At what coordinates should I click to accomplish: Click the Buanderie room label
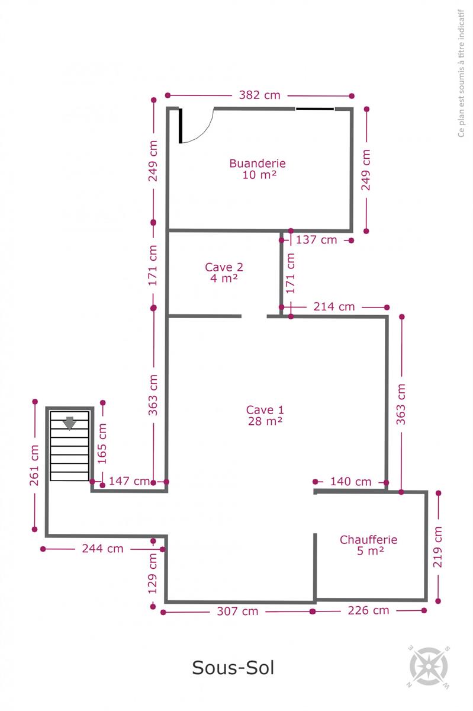point(258,169)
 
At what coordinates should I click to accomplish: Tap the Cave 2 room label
point(224,273)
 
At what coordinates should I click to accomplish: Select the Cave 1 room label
point(265,415)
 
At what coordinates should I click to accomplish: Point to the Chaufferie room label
point(368,545)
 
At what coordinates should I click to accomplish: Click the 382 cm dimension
point(259,95)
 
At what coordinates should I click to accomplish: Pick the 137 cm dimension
point(316,240)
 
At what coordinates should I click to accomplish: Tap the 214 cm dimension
point(334,307)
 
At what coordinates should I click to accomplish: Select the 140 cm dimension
point(351,482)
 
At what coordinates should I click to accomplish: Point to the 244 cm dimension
point(102,549)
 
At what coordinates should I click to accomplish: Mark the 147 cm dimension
point(130,481)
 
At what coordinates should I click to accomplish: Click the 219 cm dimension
point(437,547)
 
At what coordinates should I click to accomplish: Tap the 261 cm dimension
point(34,465)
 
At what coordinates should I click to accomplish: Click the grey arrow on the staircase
point(69,423)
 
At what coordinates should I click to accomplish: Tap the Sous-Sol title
point(233,667)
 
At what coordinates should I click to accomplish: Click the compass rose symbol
point(429,666)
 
